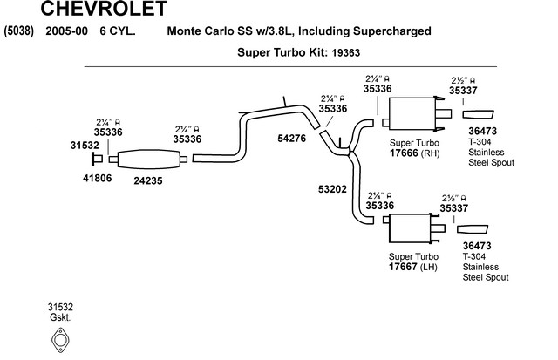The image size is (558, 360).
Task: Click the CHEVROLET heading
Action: pos(104,9)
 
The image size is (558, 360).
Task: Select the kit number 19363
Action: pos(345,53)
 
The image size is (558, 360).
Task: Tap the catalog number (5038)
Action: pos(18,31)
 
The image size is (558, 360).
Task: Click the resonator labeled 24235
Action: pos(148,159)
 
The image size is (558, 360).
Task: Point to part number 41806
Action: pos(97,178)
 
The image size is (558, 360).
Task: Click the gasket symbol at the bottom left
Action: pos(60,341)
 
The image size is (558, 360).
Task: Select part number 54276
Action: pos(291,138)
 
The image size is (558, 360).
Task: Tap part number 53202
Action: pos(332,189)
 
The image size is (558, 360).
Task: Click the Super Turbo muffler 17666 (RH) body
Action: pos(412,113)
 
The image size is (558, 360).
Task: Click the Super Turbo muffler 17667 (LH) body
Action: pos(411,228)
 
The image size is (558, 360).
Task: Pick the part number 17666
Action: pos(404,153)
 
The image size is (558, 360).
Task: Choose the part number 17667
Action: pos(403,267)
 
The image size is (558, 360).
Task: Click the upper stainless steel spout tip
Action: pos(478,114)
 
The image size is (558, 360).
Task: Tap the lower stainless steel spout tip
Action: pos(473,229)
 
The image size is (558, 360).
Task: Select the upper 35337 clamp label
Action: pos(463,91)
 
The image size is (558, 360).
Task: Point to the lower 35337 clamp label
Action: pos(453,208)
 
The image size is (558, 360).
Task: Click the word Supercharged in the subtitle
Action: pos(392,31)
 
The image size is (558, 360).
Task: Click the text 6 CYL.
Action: pos(118,31)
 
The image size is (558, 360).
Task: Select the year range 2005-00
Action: pos(66,31)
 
